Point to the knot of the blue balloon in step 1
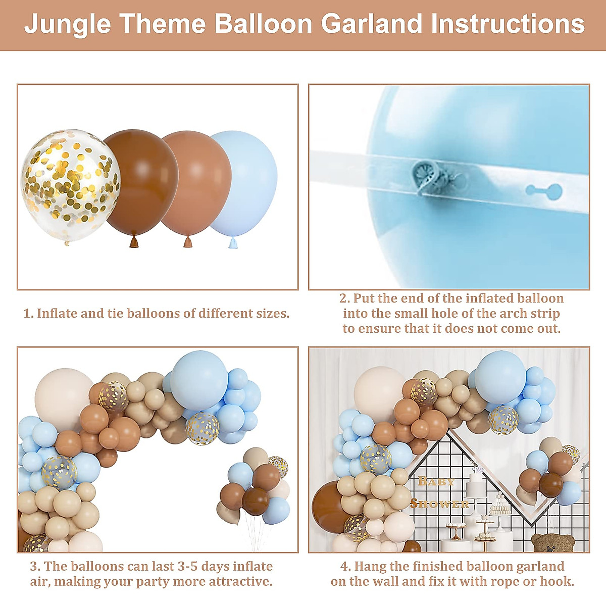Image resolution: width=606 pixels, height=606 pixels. tap(233, 243)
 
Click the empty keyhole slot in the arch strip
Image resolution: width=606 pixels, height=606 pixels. tap(544, 190)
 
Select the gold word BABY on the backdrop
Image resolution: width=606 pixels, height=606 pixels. tap(436, 481)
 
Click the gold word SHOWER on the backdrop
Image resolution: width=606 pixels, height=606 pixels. tap(440, 504)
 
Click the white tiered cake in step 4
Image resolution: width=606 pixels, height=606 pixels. tap(475, 486)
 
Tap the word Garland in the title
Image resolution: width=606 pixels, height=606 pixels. tap(372, 24)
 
